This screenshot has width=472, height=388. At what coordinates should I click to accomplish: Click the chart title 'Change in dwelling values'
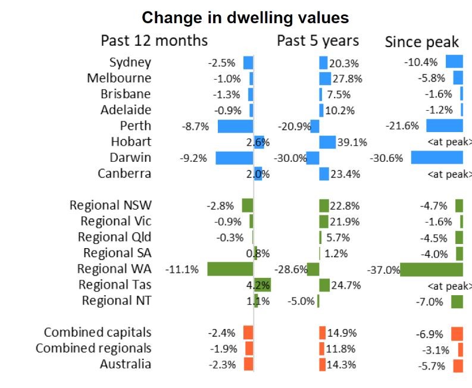coord(245,17)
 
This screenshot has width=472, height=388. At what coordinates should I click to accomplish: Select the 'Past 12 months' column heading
coord(154,40)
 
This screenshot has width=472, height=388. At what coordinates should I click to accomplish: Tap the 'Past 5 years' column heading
coord(318,40)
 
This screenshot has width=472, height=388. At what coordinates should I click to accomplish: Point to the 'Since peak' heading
coord(421,42)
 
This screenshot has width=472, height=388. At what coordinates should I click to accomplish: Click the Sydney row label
coord(130,62)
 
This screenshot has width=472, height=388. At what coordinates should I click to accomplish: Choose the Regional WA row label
coord(114,269)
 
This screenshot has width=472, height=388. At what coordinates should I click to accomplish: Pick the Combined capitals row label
coord(98,333)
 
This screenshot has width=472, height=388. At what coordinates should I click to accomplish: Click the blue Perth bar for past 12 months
coord(235,126)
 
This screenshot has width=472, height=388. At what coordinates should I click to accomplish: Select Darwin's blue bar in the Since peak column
coord(437,158)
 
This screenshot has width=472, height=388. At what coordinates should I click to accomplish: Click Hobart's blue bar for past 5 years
coord(327,142)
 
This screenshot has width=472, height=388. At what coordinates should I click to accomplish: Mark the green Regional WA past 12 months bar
coord(230,269)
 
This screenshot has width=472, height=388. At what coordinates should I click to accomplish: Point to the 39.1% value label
coord(352,142)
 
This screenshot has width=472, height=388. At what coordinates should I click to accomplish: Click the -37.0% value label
coord(383,270)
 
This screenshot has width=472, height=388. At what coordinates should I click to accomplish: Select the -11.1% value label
coord(182,270)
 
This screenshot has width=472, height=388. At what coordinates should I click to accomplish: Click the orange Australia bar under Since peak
coord(458,365)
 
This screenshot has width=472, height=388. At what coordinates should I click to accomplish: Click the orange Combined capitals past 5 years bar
coord(322,333)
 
